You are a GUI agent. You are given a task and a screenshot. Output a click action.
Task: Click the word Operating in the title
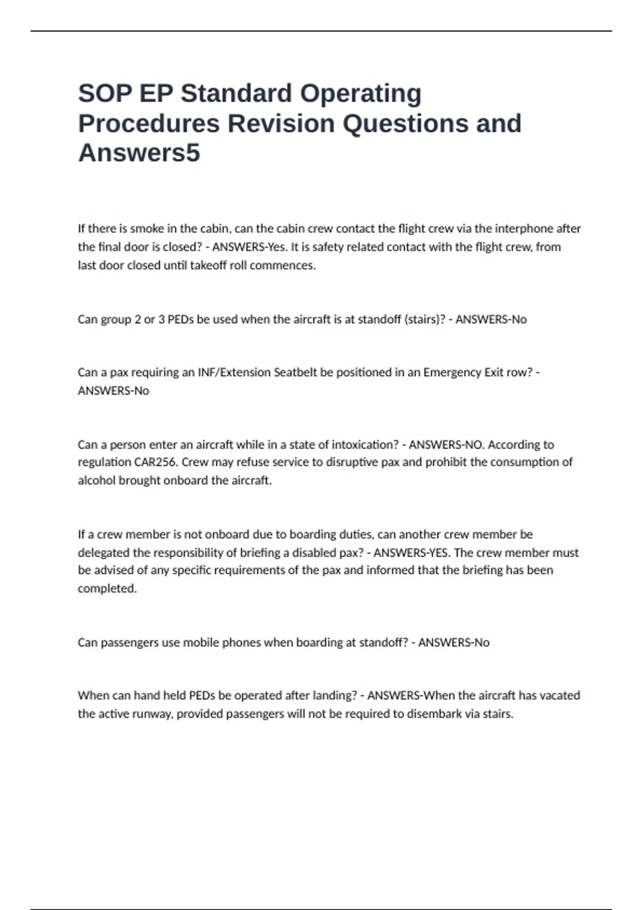point(360,94)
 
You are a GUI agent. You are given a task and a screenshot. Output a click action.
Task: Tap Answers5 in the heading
point(139,153)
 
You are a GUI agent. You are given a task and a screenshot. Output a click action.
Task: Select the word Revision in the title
point(281,124)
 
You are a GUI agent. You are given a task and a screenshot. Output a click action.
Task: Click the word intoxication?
point(365,445)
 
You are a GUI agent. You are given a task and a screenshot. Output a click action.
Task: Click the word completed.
point(107,588)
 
